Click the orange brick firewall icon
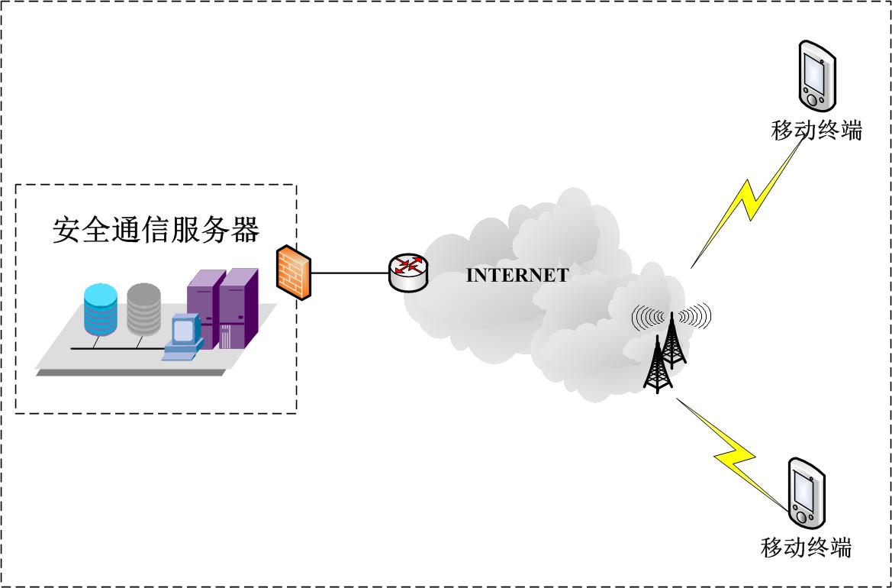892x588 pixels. coord(294,272)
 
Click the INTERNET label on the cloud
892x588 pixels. coord(517,276)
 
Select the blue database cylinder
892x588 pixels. coord(101,309)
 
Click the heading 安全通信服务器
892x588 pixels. coord(156,229)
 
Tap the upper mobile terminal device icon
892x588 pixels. coord(816,76)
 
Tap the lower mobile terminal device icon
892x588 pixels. coord(807,493)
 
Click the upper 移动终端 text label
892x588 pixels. coord(816,131)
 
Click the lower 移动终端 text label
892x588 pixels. coord(806,548)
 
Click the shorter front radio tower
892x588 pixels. coord(656,368)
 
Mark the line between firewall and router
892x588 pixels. coord(350,273)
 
